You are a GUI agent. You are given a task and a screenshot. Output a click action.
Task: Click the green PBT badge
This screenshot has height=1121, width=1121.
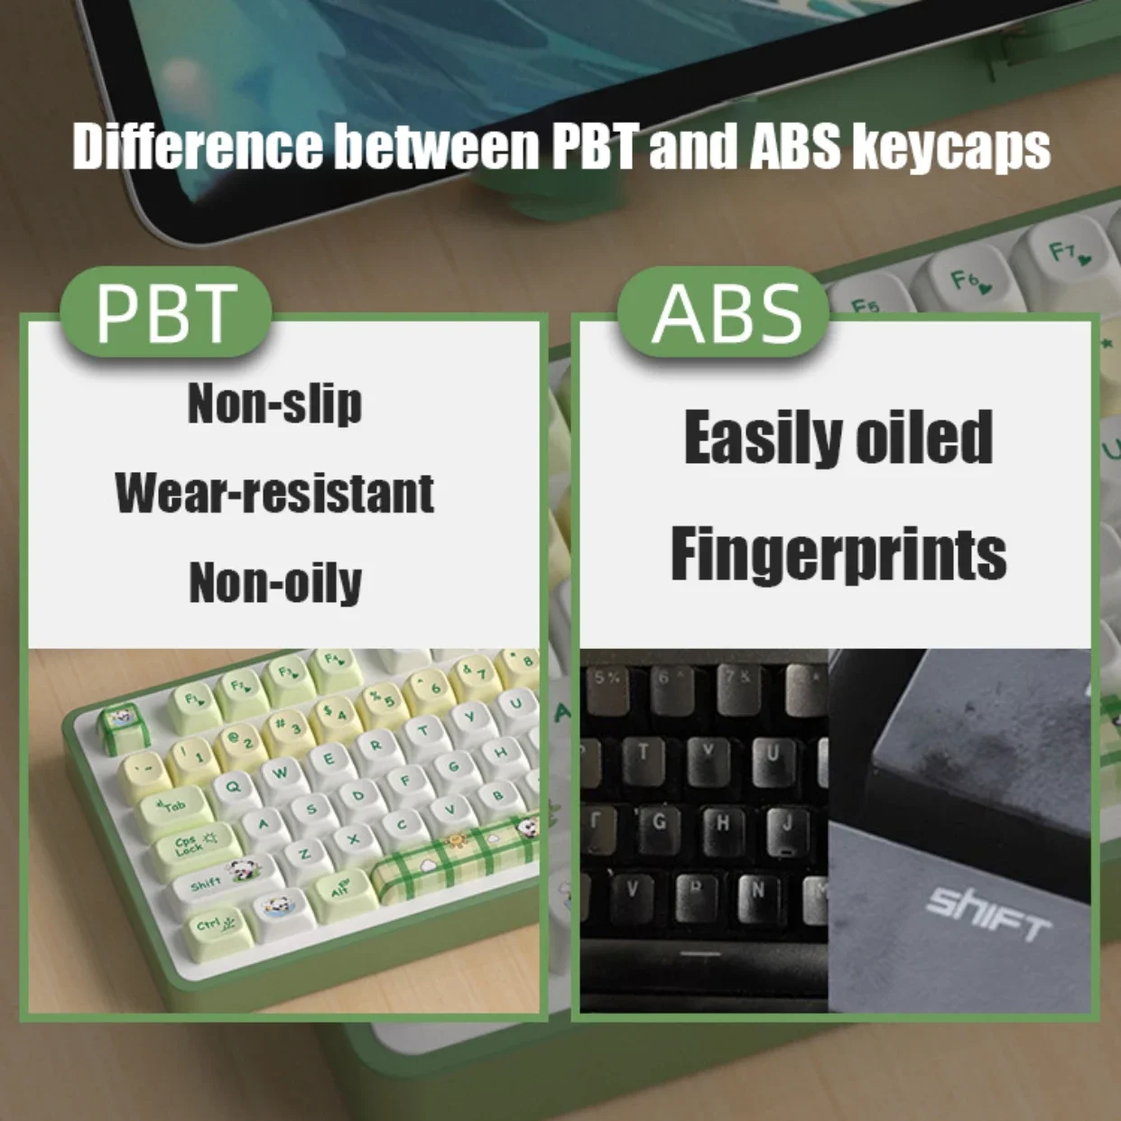[165, 312]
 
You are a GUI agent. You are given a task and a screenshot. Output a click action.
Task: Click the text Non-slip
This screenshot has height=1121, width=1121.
[275, 403]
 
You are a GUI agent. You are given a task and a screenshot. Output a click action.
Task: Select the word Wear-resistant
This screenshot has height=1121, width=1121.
[275, 493]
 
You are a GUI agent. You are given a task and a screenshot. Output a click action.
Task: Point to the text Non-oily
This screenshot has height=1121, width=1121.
[275, 582]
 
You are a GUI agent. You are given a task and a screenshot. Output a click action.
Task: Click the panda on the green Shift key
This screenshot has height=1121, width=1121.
[242, 871]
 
